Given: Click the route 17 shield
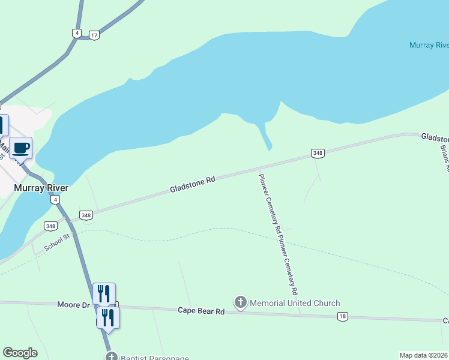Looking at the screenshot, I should (x=94, y=35).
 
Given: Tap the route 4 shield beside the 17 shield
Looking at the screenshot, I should (x=76, y=33).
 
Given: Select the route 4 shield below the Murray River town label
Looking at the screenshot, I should (x=55, y=199).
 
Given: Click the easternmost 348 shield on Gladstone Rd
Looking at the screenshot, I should (x=318, y=154).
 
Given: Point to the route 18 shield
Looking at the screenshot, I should (x=342, y=317).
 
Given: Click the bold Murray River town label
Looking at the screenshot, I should (x=41, y=188).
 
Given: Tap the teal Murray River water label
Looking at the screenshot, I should (x=429, y=45).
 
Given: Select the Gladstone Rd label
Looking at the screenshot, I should (x=192, y=184).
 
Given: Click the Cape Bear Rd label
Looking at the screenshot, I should (x=200, y=311).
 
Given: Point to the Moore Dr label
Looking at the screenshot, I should (x=73, y=305).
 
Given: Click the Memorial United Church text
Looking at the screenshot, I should (x=294, y=303).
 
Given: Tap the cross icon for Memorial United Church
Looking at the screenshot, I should (x=240, y=302).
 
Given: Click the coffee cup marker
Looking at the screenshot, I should (x=20, y=148).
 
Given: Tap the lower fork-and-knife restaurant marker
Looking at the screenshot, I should (x=108, y=317).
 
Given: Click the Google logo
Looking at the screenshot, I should (x=20, y=353).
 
